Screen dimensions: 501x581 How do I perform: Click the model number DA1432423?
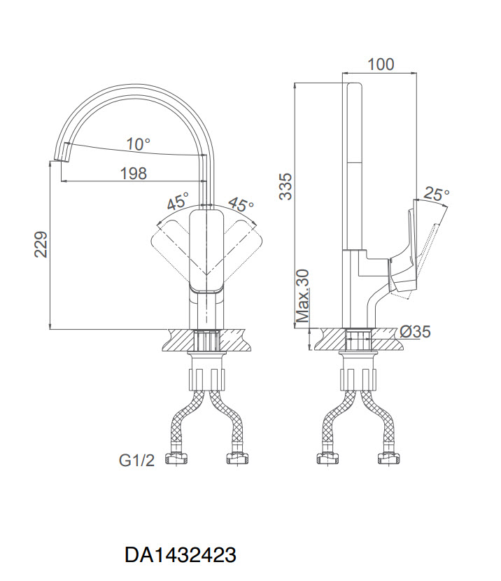click(x=181, y=555)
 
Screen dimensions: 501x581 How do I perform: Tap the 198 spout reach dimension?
click(x=134, y=173)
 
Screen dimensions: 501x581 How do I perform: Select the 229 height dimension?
click(x=41, y=244)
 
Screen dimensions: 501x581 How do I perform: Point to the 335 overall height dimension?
click(x=285, y=186)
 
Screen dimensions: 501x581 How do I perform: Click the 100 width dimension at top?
click(x=381, y=64)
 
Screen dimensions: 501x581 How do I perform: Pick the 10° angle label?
click(x=139, y=143)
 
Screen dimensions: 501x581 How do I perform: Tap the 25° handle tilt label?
click(x=437, y=193)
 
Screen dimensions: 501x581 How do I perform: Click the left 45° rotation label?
click(x=178, y=200)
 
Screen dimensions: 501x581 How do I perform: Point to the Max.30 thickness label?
click(x=303, y=295)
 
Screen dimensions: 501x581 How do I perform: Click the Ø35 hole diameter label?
click(x=415, y=331)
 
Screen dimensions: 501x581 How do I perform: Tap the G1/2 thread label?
click(x=136, y=460)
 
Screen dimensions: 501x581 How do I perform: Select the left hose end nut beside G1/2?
click(x=176, y=458)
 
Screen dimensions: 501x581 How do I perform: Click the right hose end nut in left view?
click(x=237, y=458)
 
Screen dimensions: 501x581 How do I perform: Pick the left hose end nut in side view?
click(x=327, y=458)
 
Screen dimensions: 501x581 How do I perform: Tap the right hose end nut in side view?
click(x=388, y=458)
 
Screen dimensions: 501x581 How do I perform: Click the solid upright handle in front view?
click(x=206, y=251)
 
